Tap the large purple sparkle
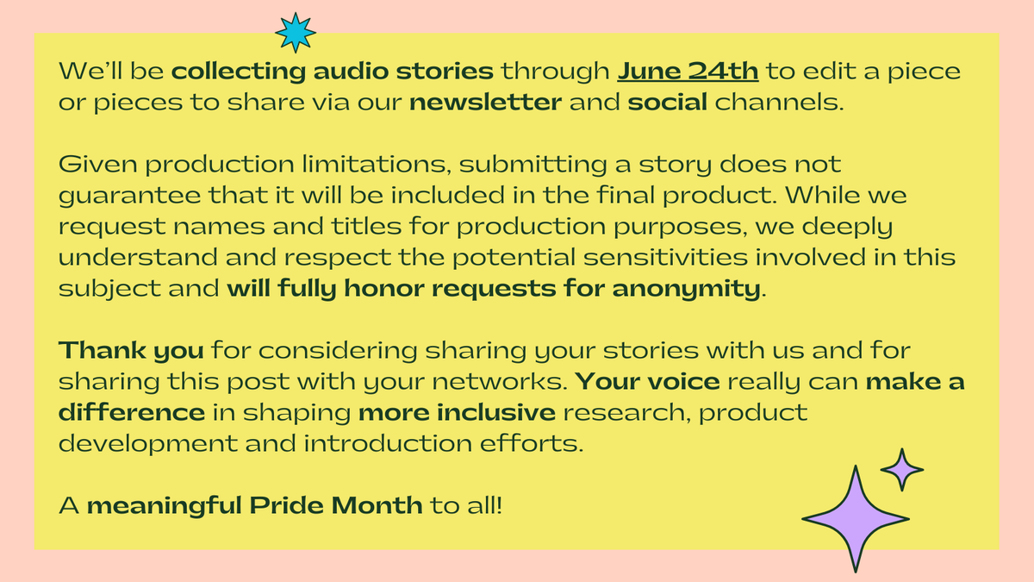tap(855, 518)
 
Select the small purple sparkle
tap(902, 469)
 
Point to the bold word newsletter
tap(486, 103)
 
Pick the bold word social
tap(668, 103)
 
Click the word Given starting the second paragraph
tap(90, 164)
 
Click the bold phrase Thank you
tap(131, 352)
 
